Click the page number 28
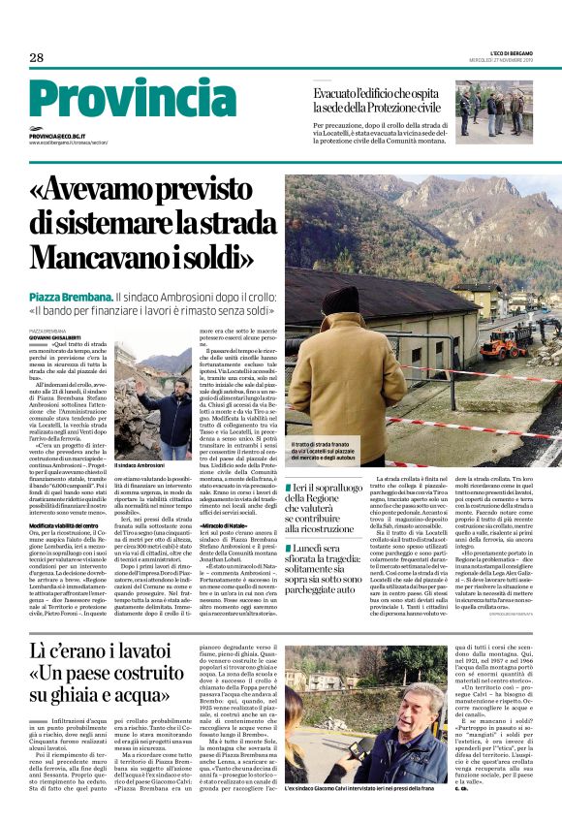tap(36, 58)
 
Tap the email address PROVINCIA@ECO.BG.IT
tap(57, 137)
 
